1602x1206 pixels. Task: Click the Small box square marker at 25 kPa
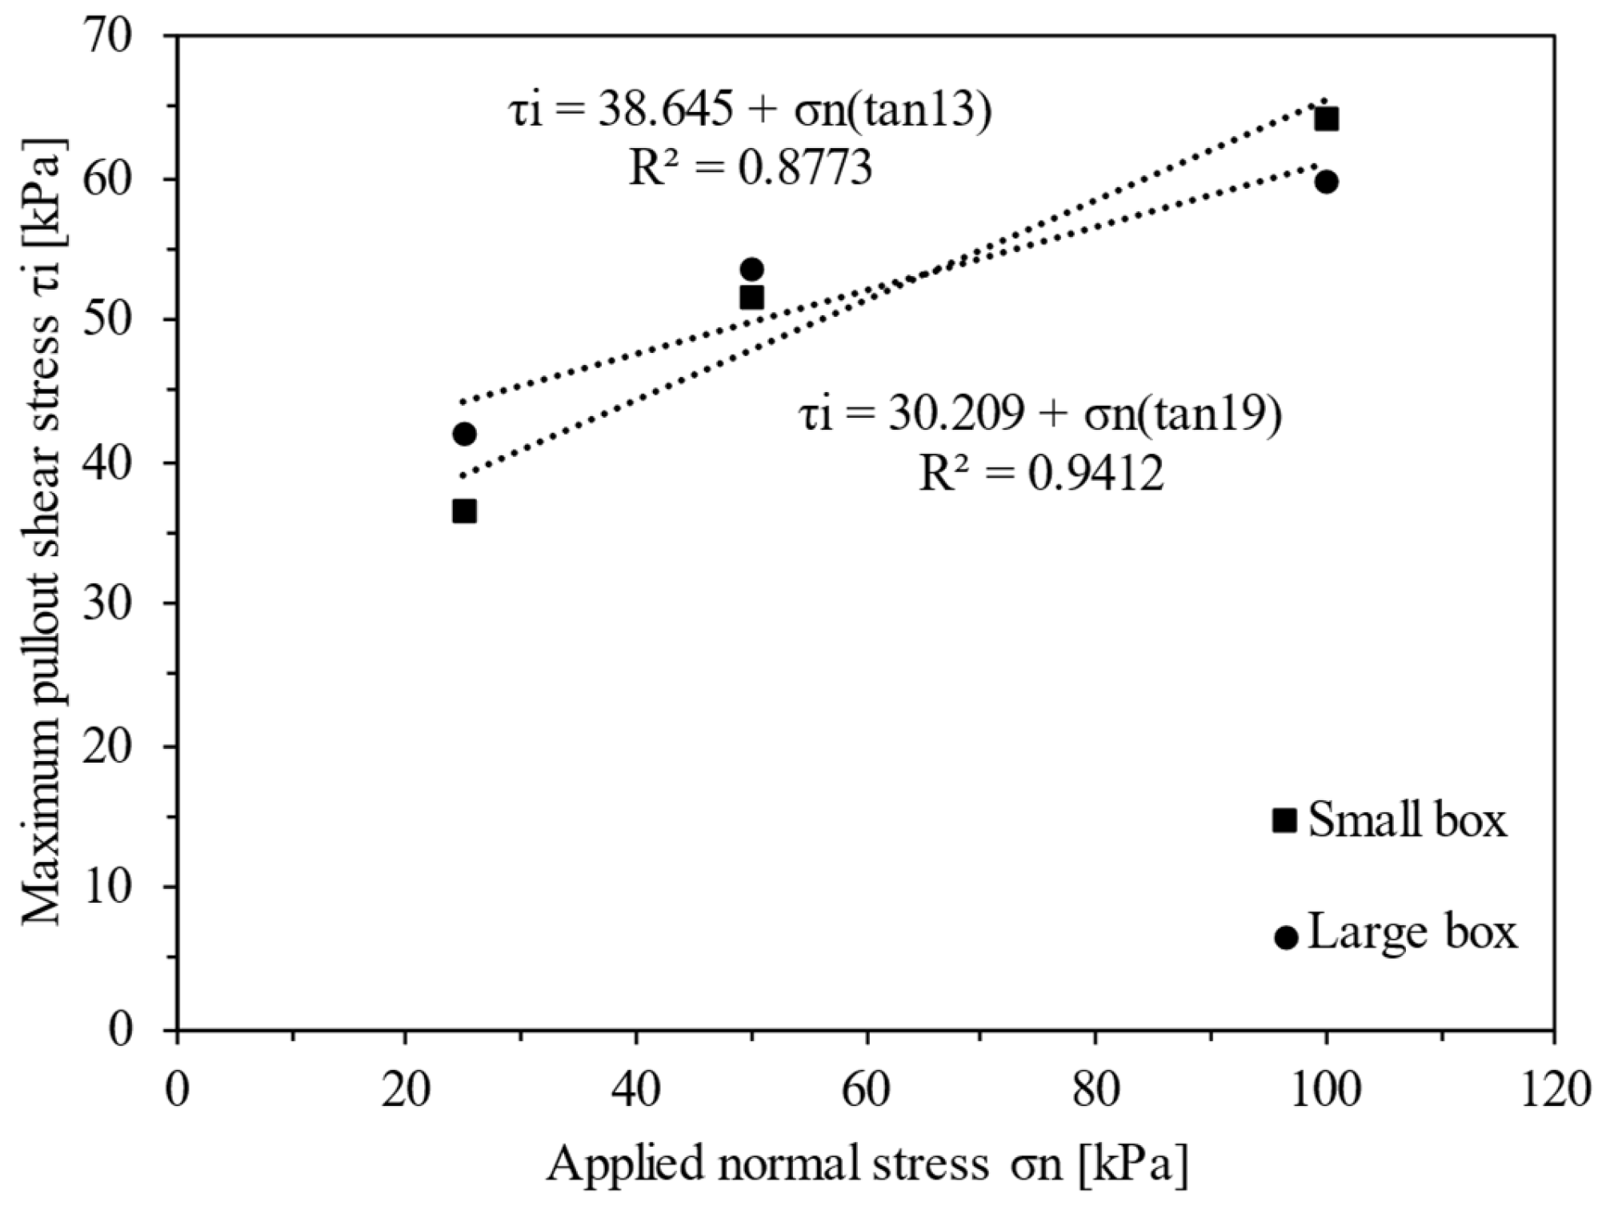point(464,511)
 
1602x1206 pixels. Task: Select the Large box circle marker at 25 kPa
point(464,434)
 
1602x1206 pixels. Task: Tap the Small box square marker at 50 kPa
point(751,298)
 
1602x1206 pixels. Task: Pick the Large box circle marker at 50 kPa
point(751,269)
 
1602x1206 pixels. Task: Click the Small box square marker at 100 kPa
point(1326,119)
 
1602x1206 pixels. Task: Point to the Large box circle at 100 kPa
point(1326,182)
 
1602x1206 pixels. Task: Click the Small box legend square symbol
point(1284,820)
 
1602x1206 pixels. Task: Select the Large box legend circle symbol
point(1286,937)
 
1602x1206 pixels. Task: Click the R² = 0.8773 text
point(750,170)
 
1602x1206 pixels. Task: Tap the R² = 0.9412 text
point(1040,474)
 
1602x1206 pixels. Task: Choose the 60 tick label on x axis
point(867,1091)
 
